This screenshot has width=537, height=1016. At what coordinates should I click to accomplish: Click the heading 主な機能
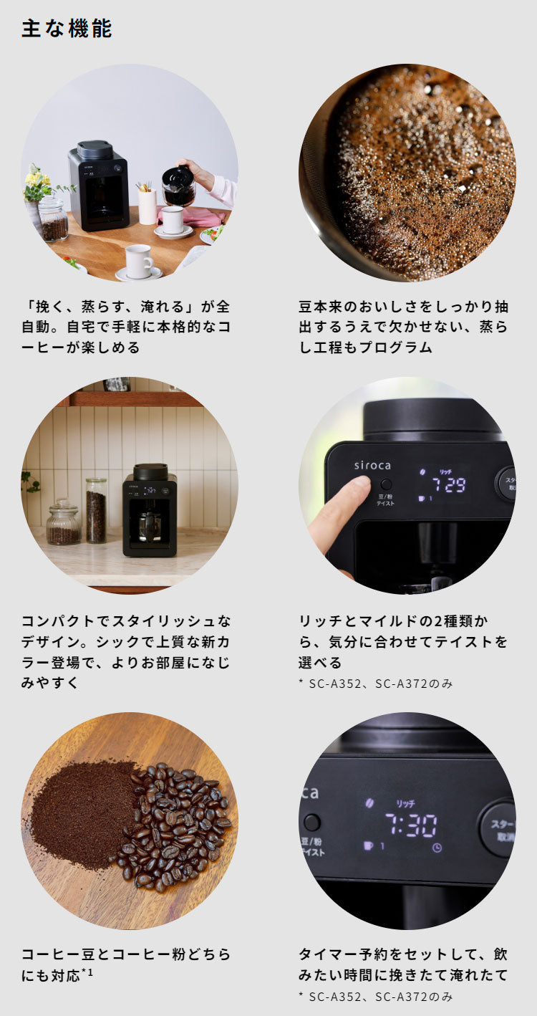pos(67,29)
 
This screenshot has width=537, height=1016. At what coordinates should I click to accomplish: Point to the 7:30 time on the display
pos(410,825)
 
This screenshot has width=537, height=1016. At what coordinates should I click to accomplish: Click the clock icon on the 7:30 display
pos(437,847)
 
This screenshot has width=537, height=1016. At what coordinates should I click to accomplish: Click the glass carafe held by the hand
pos(178,187)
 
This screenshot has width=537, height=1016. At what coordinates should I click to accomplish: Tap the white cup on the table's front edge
pos(138,261)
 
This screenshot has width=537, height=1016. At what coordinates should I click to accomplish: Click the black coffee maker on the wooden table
pos(99,186)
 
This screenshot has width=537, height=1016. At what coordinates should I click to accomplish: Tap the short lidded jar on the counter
pos(63,523)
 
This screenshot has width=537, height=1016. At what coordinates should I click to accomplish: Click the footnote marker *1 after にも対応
pos(87,973)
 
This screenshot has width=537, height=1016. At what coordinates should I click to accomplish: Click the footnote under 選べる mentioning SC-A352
pos(375,684)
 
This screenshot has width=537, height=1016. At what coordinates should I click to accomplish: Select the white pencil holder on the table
pos(147,204)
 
